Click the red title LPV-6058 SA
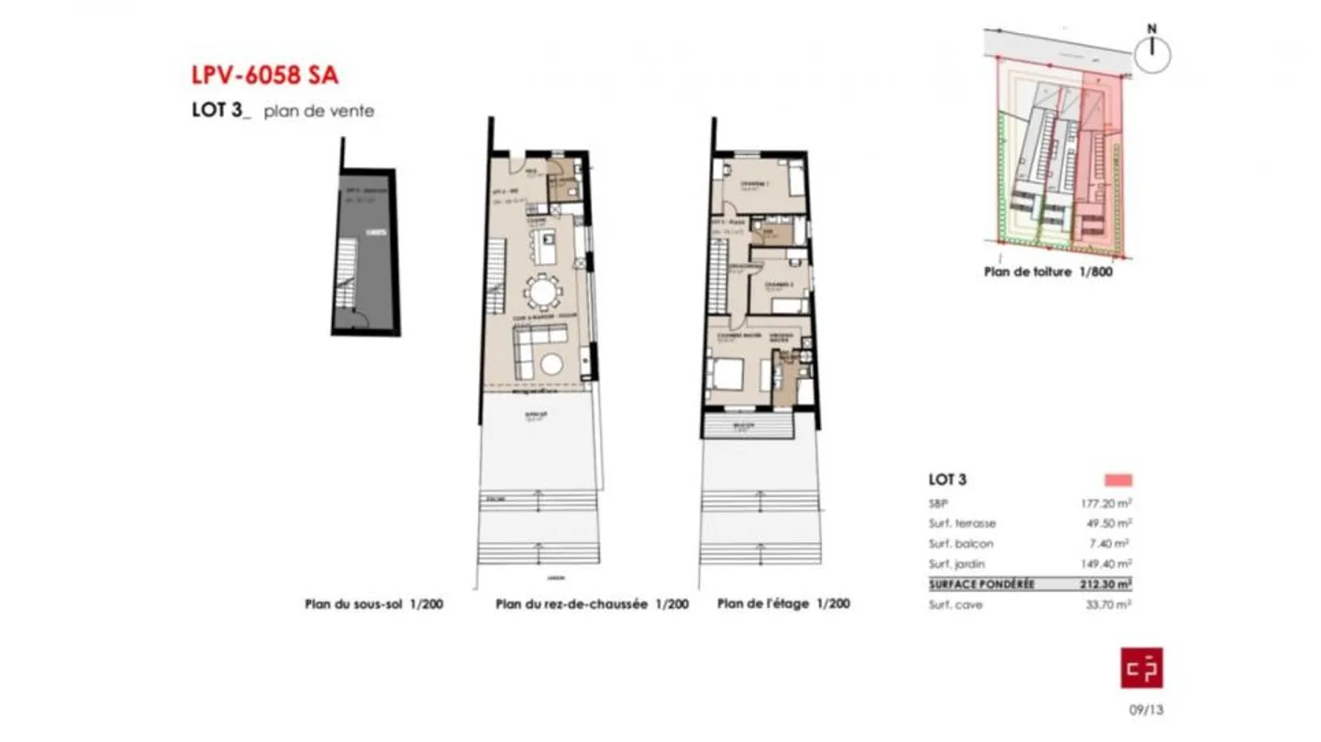click(271, 74)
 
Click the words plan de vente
click(318, 112)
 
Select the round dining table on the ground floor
click(543, 293)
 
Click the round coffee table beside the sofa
click(551, 364)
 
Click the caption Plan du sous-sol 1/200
click(374, 604)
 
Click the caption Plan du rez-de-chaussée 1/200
click(592, 604)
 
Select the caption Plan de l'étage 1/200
click(783, 604)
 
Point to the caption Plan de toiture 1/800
click(1048, 272)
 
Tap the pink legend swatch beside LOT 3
click(1118, 480)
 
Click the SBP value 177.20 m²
click(1105, 504)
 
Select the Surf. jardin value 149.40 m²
click(1105, 564)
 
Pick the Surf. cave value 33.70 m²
click(1108, 605)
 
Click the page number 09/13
click(1145, 709)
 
